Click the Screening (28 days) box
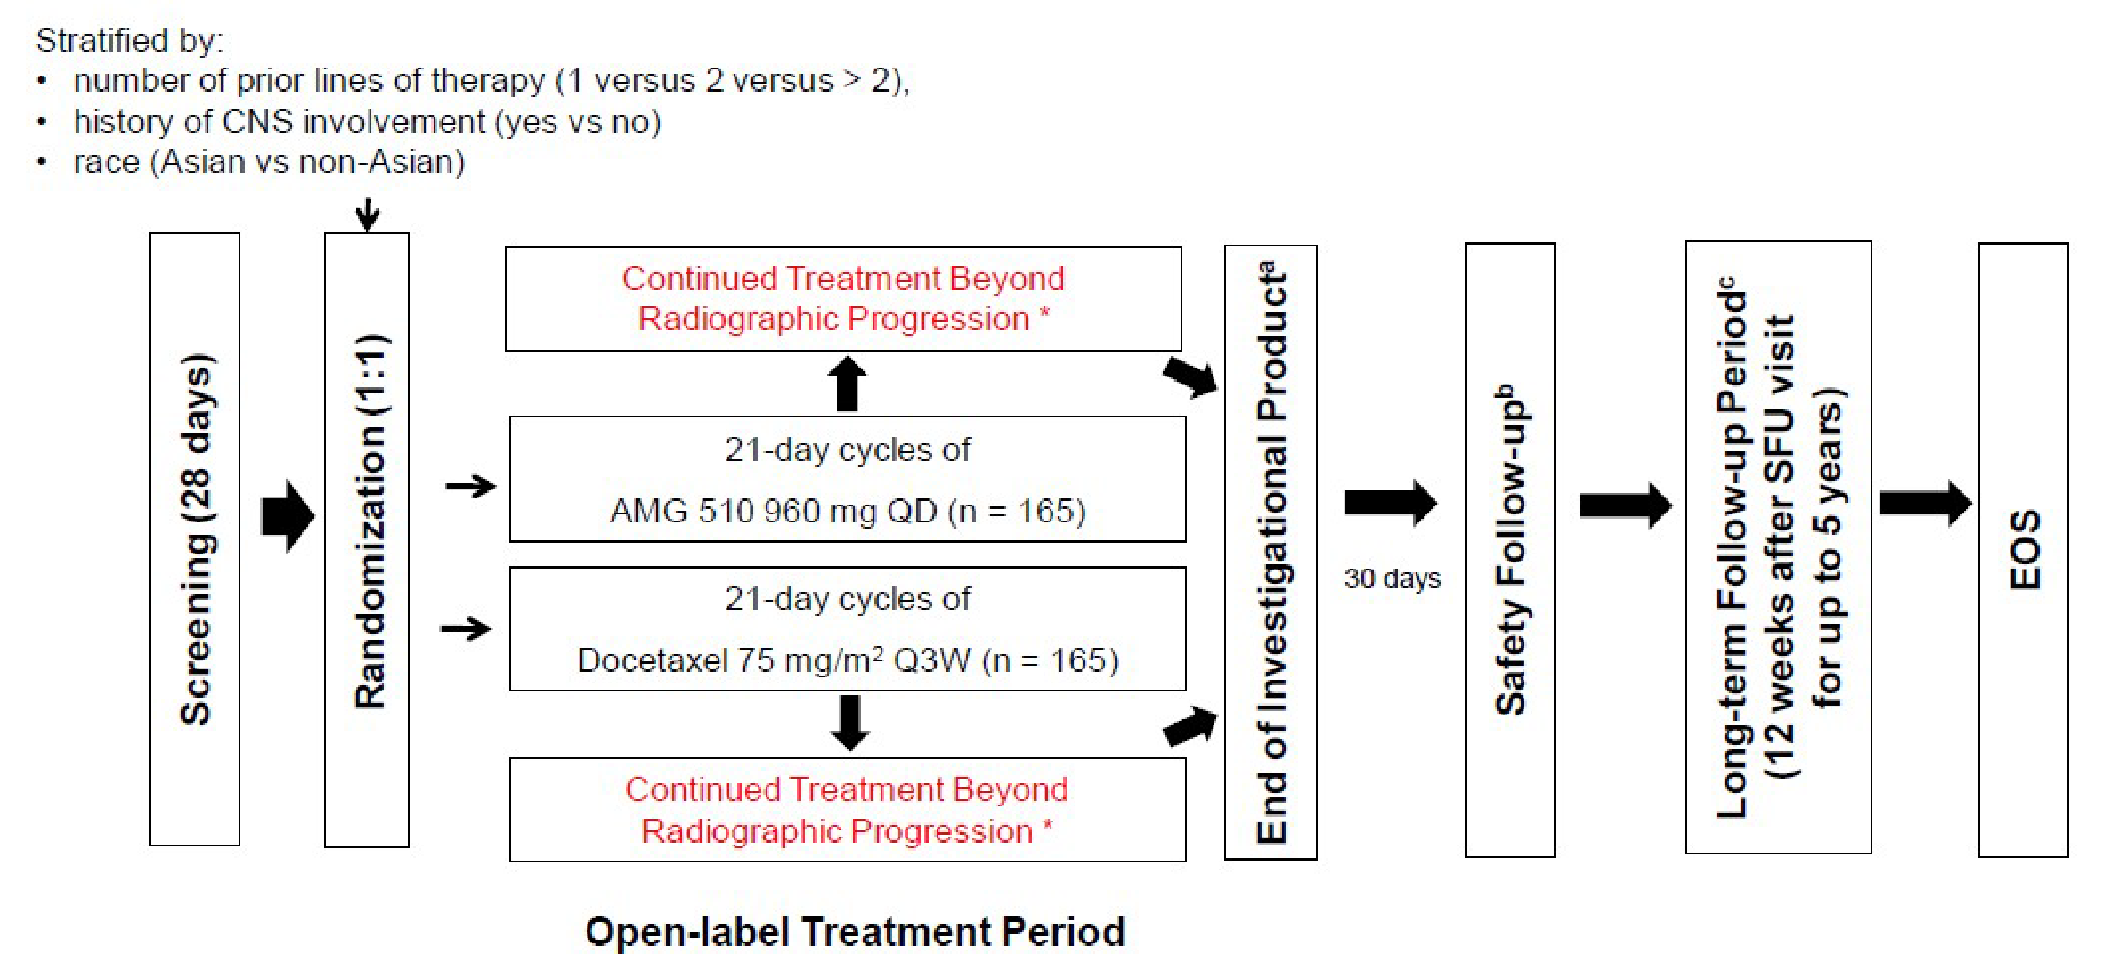[194, 538]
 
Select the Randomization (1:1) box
[366, 538]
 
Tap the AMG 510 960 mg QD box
[847, 479]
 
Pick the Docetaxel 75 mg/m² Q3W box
[847, 629]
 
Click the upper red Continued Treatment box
[842, 299]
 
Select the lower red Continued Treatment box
[847, 810]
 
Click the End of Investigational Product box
[1270, 552]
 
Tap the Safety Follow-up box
[1510, 550]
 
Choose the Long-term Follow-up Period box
[1778, 547]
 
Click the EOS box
[2022, 550]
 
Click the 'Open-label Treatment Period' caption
[855, 931]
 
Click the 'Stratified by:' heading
[129, 40]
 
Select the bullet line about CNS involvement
[367, 122]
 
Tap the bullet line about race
[269, 162]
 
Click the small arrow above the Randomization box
[367, 214]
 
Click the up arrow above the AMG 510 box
[847, 384]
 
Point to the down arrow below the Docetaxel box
[850, 722]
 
